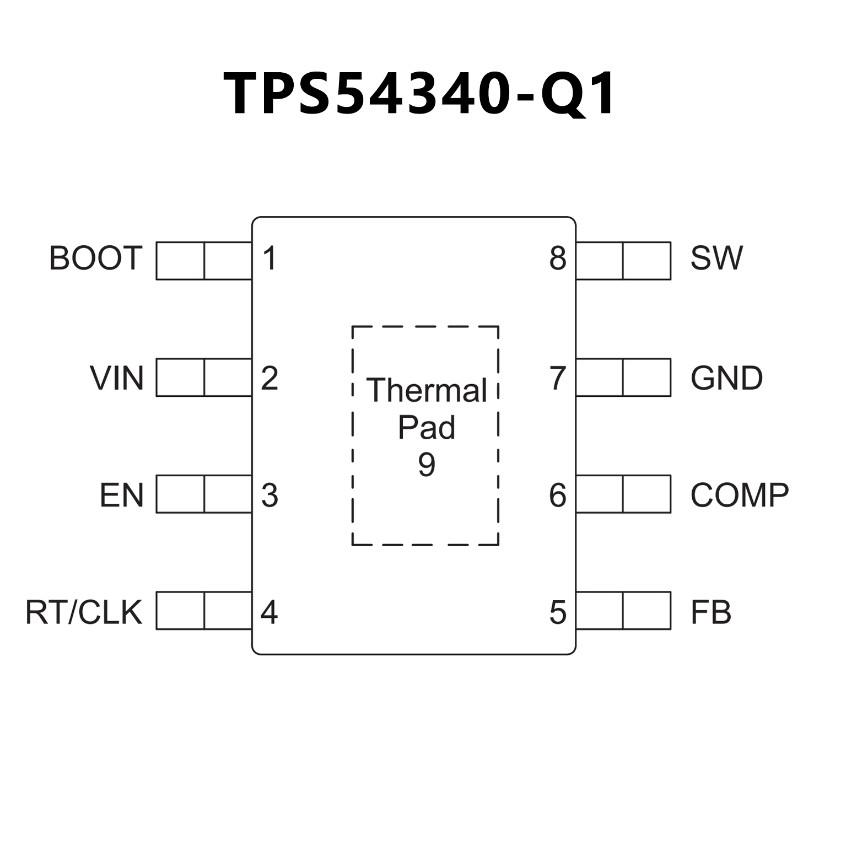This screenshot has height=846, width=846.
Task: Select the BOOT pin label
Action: [x=96, y=258]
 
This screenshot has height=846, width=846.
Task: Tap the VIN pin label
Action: [x=117, y=378]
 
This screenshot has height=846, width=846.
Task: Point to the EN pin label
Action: [x=122, y=495]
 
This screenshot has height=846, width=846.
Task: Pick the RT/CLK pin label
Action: [x=84, y=612]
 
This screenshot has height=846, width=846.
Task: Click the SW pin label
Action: [x=716, y=258]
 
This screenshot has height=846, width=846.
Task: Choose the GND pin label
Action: [x=726, y=378]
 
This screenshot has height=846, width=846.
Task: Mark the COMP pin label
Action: [x=740, y=495]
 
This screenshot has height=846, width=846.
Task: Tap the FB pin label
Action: [x=711, y=612]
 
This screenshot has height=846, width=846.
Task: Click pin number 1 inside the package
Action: [x=270, y=258]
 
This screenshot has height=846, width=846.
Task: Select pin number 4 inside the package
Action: [x=269, y=612]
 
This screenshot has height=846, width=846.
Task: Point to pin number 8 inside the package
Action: [x=558, y=258]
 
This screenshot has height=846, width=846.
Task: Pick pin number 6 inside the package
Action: [x=558, y=495]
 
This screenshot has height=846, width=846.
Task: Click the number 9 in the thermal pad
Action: [x=427, y=464]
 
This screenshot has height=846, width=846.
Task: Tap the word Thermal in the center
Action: [x=427, y=390]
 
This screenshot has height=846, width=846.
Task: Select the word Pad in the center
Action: [x=427, y=427]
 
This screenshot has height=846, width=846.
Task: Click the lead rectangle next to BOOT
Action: [x=204, y=261]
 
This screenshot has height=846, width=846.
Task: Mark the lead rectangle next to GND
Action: [x=623, y=378]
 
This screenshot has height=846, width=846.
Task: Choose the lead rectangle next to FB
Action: [x=623, y=611]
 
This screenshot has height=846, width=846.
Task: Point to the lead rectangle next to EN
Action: [x=204, y=494]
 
